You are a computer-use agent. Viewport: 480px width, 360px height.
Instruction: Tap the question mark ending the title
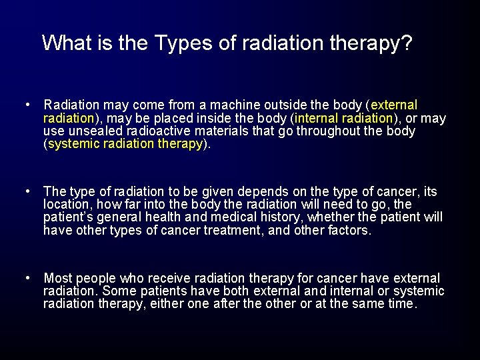[x=406, y=43]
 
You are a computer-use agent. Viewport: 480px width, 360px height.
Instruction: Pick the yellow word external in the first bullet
[x=394, y=105]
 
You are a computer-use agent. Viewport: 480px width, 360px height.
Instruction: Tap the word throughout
[x=331, y=131]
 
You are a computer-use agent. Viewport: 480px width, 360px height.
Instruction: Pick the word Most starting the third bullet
[x=58, y=278]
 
